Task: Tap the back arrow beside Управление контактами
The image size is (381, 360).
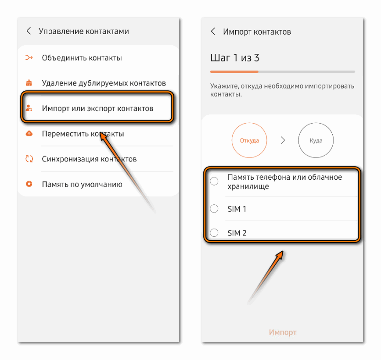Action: (29, 31)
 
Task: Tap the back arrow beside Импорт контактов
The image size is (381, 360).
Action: (213, 31)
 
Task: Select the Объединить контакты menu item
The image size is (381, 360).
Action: (82, 58)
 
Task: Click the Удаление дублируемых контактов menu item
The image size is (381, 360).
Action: (104, 83)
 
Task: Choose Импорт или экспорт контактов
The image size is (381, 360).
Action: (97, 108)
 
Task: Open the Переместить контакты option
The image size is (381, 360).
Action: (83, 134)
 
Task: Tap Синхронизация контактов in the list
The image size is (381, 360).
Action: (89, 159)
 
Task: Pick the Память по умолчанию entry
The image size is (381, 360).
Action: (82, 184)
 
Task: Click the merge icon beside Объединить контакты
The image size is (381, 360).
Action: (29, 57)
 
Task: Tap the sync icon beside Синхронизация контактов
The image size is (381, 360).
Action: (29, 159)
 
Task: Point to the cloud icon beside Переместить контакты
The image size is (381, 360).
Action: (29, 133)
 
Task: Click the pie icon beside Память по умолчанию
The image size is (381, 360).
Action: (29, 184)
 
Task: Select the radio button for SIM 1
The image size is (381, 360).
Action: (214, 209)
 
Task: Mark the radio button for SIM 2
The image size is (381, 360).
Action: (214, 232)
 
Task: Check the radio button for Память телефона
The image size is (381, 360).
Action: (214, 181)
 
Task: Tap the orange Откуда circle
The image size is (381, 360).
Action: (249, 123)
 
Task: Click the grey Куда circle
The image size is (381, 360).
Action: (316, 123)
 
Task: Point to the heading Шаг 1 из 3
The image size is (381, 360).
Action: (235, 58)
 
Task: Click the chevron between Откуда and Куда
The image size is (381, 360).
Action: (283, 140)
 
